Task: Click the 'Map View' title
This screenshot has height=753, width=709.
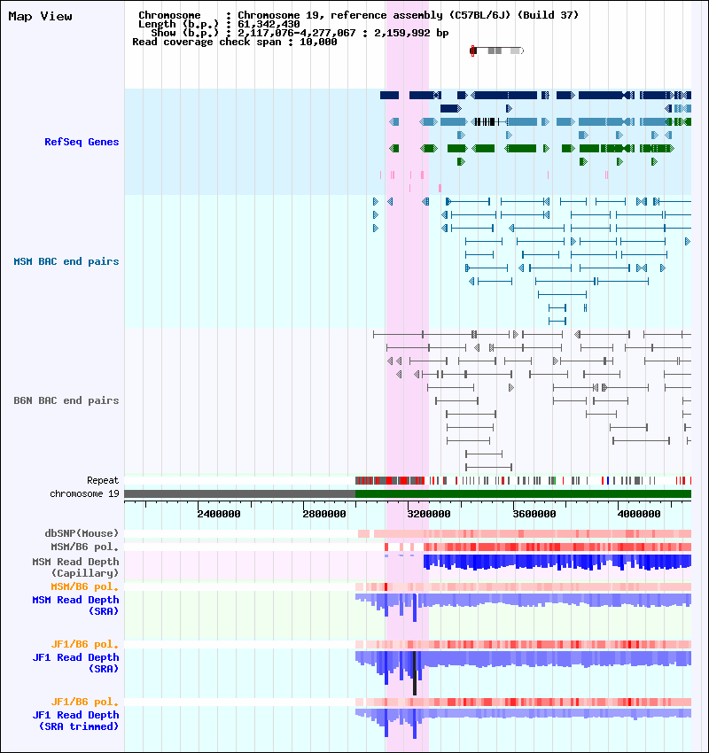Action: click(x=41, y=16)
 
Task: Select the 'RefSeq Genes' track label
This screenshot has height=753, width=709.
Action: click(x=82, y=142)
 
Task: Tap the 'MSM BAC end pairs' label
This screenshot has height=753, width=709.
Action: click(x=66, y=261)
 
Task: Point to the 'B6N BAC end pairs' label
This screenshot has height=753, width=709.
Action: click(x=66, y=400)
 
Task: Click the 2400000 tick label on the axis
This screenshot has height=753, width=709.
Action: click(x=219, y=514)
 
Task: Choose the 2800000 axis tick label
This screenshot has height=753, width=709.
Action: click(x=324, y=514)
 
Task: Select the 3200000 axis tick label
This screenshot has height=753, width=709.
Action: click(x=429, y=514)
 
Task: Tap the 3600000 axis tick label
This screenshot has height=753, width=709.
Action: click(x=534, y=514)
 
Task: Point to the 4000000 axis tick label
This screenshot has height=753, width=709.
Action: click(x=639, y=514)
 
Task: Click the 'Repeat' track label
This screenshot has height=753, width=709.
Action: click(x=103, y=480)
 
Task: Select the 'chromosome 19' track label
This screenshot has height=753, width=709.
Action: click(x=84, y=493)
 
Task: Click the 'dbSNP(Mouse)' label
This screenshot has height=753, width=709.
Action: click(x=82, y=533)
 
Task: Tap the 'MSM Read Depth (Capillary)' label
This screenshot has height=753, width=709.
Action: click(x=76, y=567)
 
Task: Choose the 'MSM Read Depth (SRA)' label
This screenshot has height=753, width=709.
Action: click(x=76, y=606)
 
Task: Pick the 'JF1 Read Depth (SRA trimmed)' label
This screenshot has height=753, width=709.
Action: click(x=76, y=721)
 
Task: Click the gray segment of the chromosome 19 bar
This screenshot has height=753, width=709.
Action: click(x=239, y=493)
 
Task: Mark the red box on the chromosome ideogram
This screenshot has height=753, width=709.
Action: click(x=472, y=50)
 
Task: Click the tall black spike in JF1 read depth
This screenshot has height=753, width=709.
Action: click(x=415, y=672)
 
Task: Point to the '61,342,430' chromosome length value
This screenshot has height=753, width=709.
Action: click(x=269, y=24)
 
